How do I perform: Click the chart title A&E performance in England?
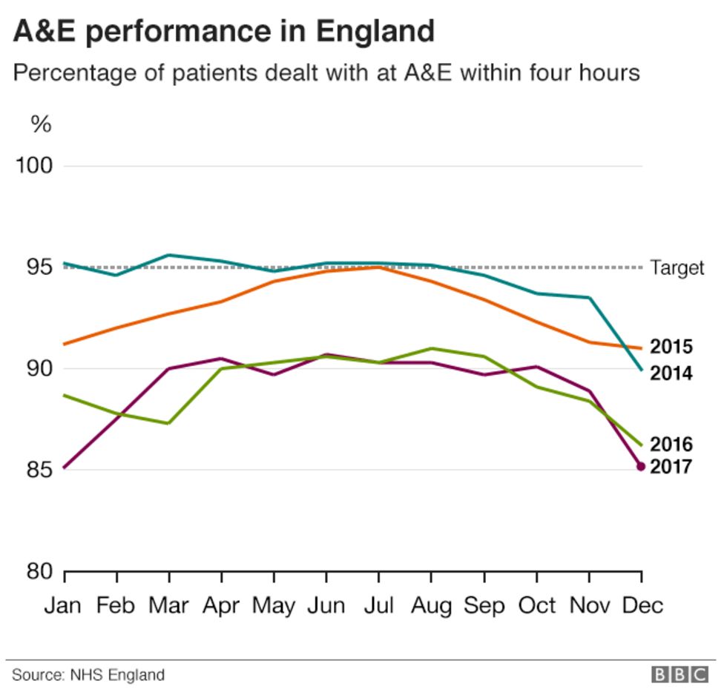pyautogui.click(x=224, y=32)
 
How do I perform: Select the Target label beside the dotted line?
pyautogui.click(x=677, y=267)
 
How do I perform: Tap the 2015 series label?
pyautogui.click(x=671, y=347)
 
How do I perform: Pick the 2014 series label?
pyautogui.click(x=671, y=373)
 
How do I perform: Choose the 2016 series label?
pyautogui.click(x=671, y=445)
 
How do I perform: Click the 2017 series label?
pyautogui.click(x=671, y=467)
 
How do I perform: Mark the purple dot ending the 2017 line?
pyautogui.click(x=641, y=466)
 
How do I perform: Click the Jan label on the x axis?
pyautogui.click(x=64, y=605)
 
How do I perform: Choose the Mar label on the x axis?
pyautogui.click(x=168, y=605)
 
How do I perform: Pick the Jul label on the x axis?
pyautogui.click(x=378, y=605)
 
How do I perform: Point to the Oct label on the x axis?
pyautogui.click(x=536, y=605)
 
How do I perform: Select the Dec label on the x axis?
pyautogui.click(x=642, y=605)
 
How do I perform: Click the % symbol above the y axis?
pyautogui.click(x=41, y=124)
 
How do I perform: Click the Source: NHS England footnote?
pyautogui.click(x=88, y=675)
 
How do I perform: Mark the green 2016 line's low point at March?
pyautogui.click(x=169, y=423)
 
